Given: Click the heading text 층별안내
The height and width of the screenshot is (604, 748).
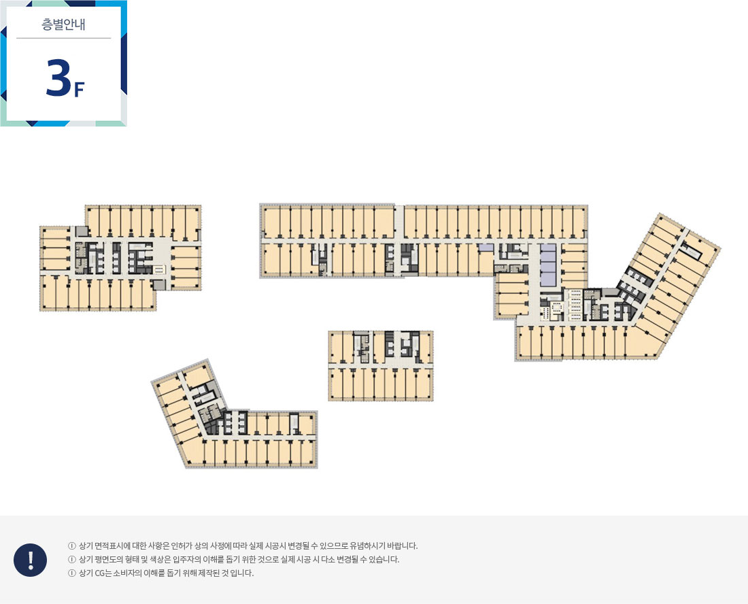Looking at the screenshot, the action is click(63, 24).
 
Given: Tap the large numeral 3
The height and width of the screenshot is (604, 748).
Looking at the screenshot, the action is click(58, 78).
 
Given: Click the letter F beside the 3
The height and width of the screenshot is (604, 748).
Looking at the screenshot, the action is click(79, 89).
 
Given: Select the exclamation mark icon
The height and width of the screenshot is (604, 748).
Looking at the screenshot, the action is click(30, 560).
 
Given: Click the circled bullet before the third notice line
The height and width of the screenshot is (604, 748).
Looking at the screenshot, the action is click(72, 573).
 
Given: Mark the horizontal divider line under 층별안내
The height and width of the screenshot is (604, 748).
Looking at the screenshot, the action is click(63, 38).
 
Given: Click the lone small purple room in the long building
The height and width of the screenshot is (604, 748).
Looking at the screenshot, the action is click(486, 248).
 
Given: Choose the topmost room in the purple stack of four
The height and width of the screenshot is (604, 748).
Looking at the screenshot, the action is click(548, 248).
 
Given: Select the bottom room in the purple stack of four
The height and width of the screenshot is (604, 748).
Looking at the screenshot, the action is click(548, 280).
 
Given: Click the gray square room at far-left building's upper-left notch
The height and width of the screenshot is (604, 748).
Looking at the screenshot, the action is click(82, 231).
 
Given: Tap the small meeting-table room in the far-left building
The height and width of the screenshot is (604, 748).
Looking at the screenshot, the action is click(159, 269).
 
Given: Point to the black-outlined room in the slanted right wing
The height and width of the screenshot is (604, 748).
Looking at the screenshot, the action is click(692, 251).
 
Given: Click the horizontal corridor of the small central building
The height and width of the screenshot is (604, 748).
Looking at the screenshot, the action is click(381, 365).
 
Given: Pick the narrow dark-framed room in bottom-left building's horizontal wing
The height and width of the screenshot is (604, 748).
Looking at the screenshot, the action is click(294, 423).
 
